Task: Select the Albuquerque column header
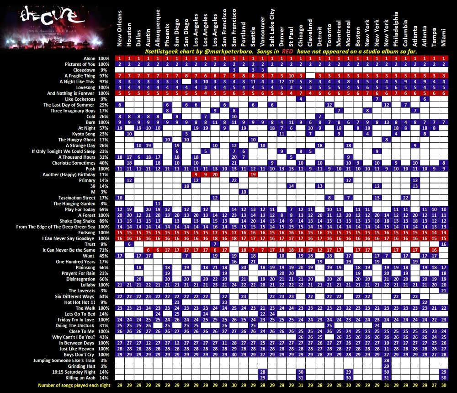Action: (158, 27)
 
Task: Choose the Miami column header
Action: (444, 36)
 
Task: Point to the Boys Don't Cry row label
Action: (80, 355)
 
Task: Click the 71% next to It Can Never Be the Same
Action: (104, 250)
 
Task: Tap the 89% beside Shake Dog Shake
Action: (104, 221)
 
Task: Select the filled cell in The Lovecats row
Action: (444, 291)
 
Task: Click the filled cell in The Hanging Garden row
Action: (158, 204)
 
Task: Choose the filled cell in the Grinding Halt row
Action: (387, 366)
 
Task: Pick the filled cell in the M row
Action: (244, 192)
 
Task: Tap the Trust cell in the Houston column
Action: (129, 244)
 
